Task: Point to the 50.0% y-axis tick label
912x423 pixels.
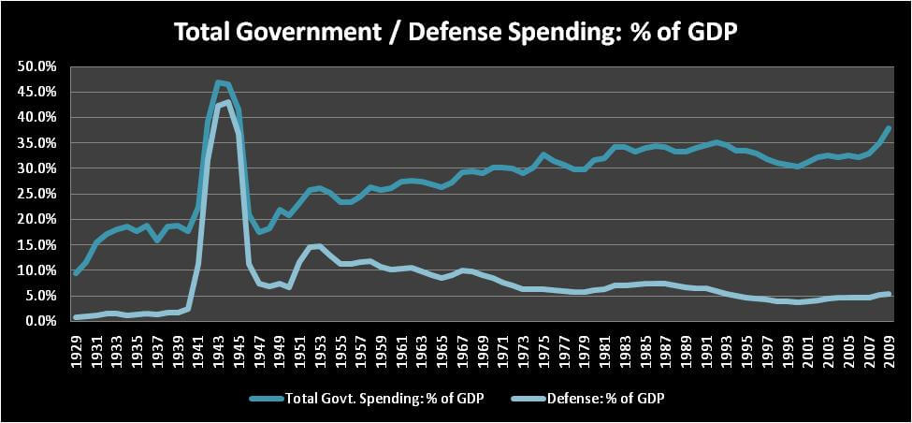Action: click(36, 66)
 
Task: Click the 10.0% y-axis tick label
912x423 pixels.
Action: click(36, 270)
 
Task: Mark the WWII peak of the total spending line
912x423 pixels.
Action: click(218, 82)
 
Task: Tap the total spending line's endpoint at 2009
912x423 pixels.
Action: click(889, 128)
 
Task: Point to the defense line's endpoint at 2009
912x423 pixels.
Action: click(889, 294)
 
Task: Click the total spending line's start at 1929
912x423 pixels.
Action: click(76, 272)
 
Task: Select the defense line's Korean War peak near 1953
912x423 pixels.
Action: click(320, 246)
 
